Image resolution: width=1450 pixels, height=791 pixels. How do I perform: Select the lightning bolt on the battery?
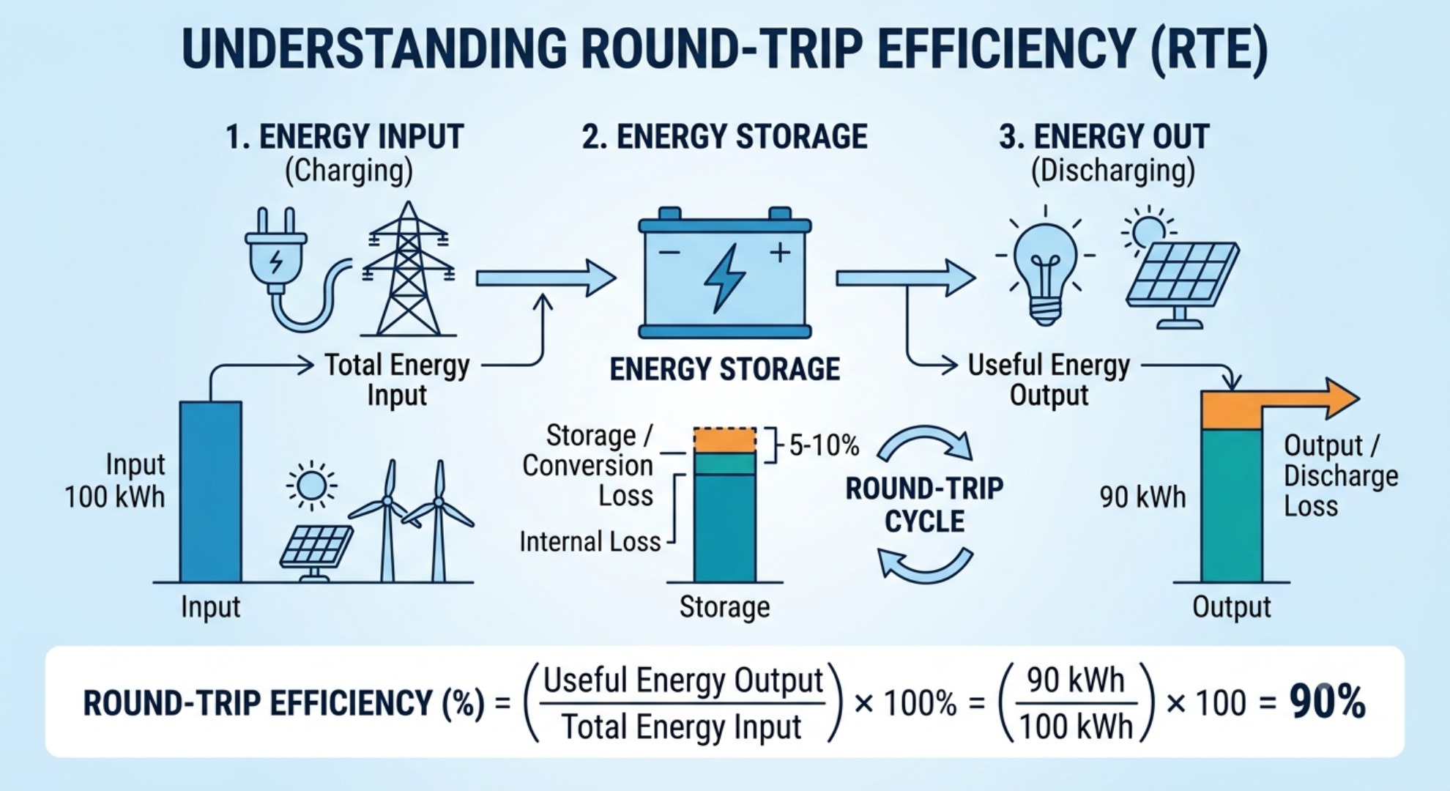[x=724, y=278]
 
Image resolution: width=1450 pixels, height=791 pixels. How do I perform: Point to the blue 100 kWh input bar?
[x=211, y=491]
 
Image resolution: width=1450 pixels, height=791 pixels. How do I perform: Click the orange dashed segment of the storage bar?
[x=725, y=440]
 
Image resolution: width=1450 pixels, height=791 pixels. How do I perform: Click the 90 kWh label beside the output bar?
[x=1142, y=497]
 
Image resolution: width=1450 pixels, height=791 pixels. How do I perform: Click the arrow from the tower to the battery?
[x=546, y=278]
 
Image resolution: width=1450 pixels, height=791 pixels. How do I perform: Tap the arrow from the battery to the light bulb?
[x=905, y=278]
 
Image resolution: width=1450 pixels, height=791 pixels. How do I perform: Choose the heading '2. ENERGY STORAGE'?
[x=724, y=137]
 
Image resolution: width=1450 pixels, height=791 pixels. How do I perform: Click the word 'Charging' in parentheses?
[x=349, y=171]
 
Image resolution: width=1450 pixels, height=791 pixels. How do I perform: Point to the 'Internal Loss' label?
[x=590, y=542]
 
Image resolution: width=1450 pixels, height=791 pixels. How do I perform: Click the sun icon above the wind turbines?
[x=311, y=486]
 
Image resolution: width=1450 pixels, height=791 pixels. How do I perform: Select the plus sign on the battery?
[x=780, y=253]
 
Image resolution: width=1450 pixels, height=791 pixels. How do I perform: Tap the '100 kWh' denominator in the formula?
[x=1076, y=727]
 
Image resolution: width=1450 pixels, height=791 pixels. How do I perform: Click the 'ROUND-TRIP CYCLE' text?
[x=924, y=505]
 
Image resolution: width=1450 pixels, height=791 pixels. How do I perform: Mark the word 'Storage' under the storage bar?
[x=724, y=607]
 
